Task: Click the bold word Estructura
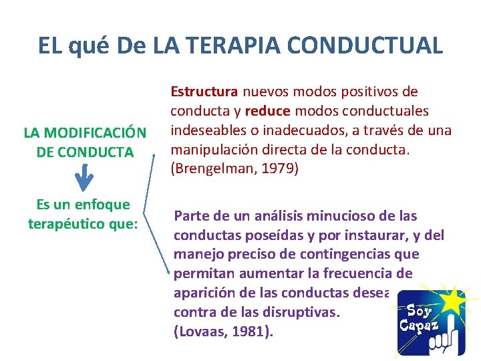tap(204, 90)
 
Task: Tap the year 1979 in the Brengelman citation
tap(279, 169)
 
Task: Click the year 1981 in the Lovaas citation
tap(252, 332)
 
